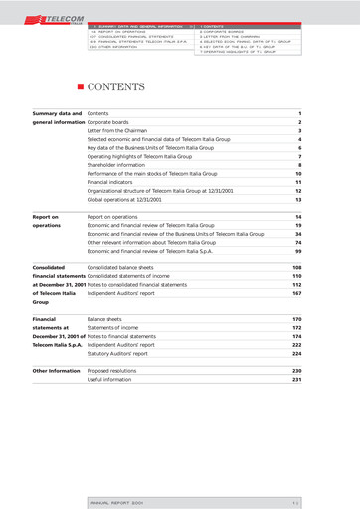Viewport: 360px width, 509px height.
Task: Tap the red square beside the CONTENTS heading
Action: (x=81, y=88)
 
